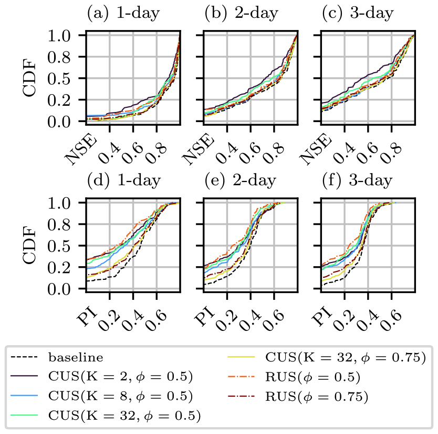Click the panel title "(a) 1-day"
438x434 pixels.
click(x=123, y=14)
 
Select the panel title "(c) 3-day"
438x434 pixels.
click(x=357, y=14)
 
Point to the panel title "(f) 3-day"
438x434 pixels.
click(x=357, y=181)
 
